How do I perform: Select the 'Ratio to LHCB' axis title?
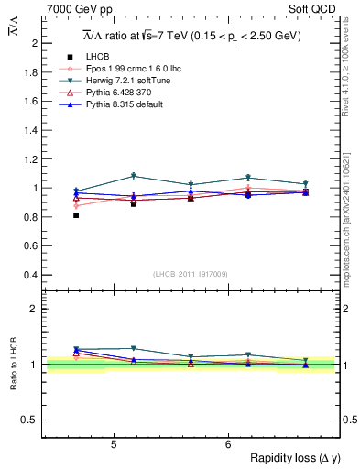click(15, 365)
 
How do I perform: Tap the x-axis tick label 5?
click(113, 445)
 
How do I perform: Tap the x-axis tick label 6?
click(227, 445)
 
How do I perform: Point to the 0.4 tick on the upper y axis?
click(32, 275)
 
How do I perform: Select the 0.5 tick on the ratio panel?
click(32, 420)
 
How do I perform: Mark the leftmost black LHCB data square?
click(76, 215)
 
